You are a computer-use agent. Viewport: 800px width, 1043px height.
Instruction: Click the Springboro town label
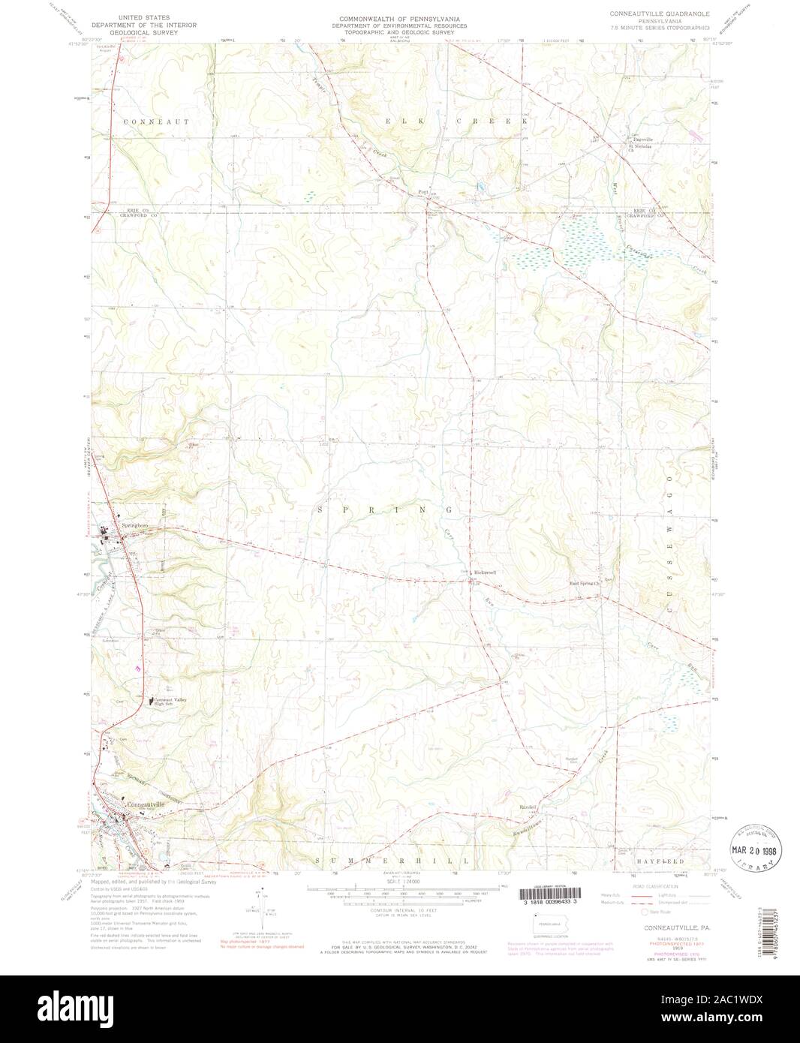pos(134,526)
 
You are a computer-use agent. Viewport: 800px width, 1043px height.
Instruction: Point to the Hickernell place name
pos(484,573)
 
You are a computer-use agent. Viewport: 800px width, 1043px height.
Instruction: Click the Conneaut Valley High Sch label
pos(170,701)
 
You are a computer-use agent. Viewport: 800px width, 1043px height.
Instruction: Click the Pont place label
pos(422,191)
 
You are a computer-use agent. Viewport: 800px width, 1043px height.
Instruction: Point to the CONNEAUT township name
pos(152,120)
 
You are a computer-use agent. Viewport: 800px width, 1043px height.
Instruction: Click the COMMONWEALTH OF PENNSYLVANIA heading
pos(399,17)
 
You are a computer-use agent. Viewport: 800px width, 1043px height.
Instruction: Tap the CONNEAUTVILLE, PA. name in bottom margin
pos(663,927)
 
